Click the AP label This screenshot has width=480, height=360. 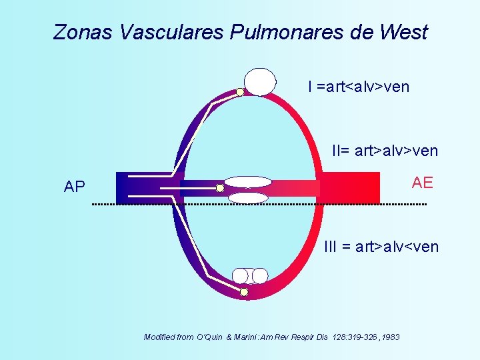pos(75,187)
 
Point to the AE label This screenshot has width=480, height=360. pos(422,183)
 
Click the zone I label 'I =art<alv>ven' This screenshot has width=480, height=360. pos(359,87)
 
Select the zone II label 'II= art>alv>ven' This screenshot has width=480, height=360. pos(385,151)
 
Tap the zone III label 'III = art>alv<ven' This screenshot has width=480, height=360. pos(381,247)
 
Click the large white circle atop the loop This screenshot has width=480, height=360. pos(259,81)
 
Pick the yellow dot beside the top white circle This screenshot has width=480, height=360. pos(240,92)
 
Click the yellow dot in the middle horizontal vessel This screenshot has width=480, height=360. pos(220,188)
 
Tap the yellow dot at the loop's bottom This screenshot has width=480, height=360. pos(244,292)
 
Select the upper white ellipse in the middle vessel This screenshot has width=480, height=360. pos(248,181)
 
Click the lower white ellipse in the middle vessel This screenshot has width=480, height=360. pos(248,197)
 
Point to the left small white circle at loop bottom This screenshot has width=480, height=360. pos(241,276)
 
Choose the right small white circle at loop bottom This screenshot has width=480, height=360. pos(260,276)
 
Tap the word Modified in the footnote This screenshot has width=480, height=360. pos(159,337)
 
